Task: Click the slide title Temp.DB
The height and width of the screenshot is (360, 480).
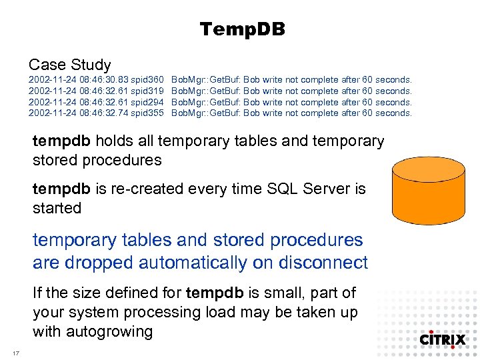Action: tap(242, 29)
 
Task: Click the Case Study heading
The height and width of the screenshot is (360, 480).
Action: tap(69, 65)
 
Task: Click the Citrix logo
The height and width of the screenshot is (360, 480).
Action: tap(442, 339)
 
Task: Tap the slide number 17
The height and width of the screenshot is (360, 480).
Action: tap(15, 352)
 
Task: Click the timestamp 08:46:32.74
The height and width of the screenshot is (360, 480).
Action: tap(103, 113)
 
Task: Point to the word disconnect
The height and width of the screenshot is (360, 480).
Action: tap(323, 263)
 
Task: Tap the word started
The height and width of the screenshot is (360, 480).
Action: tap(57, 208)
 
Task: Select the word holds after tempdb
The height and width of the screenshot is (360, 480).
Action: tap(114, 141)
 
